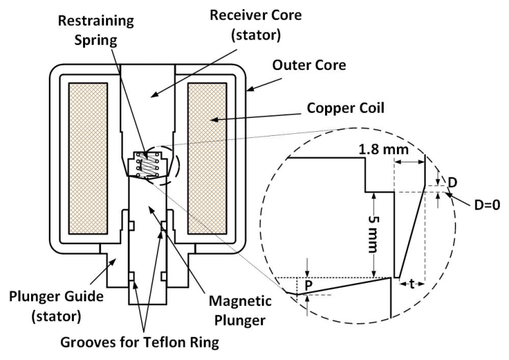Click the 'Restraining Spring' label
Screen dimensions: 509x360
click(96, 30)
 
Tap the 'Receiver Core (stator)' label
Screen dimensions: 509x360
click(256, 25)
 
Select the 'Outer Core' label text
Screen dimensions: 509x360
click(309, 65)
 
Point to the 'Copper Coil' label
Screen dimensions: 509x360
click(345, 108)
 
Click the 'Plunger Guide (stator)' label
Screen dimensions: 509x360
click(56, 307)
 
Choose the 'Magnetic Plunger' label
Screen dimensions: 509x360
click(240, 311)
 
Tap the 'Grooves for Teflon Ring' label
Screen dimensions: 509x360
click(140, 342)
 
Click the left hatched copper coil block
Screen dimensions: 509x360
click(88, 158)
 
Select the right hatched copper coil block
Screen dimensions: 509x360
click(207, 158)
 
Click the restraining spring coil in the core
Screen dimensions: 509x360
click(148, 165)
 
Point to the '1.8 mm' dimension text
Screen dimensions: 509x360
click(384, 150)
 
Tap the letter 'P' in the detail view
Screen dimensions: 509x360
click(309, 285)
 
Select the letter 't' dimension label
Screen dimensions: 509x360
click(411, 284)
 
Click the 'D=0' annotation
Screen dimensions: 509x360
click(487, 205)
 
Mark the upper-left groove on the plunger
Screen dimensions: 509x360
click(131, 225)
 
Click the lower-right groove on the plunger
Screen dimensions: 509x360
click(164, 276)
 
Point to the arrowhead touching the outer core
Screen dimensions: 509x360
click(249, 88)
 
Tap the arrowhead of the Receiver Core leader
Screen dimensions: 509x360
click(154, 94)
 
